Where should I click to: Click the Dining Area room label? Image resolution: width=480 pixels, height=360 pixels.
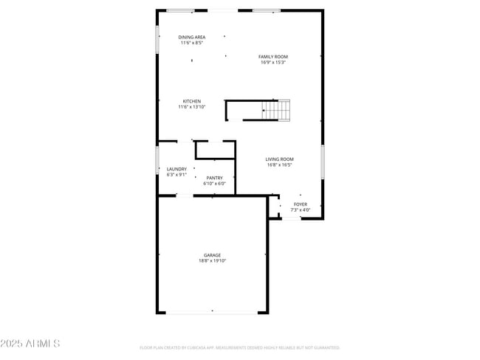pyautogui.click(x=192, y=37)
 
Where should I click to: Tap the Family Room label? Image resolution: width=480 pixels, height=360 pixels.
pyautogui.click(x=272, y=56)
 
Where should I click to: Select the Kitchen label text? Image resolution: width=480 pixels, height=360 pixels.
pyautogui.click(x=192, y=101)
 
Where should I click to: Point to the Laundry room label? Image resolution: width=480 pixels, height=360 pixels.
pyautogui.click(x=176, y=169)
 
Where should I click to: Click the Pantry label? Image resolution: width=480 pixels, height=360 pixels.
pyautogui.click(x=214, y=178)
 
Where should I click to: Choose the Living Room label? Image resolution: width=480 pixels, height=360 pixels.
pyautogui.click(x=280, y=159)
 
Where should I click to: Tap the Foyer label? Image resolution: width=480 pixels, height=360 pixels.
pyautogui.click(x=300, y=204)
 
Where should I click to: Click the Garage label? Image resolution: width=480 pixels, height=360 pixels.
pyautogui.click(x=213, y=255)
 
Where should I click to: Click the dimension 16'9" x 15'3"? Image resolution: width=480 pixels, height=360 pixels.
pyautogui.click(x=272, y=62)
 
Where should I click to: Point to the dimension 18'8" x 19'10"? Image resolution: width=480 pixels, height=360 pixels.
pyautogui.click(x=213, y=261)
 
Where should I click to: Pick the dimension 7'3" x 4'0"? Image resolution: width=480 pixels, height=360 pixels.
pyautogui.click(x=300, y=210)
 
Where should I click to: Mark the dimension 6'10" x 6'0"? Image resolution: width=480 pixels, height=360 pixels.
pyautogui.click(x=214, y=184)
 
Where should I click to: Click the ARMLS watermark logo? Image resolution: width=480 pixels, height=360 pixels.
pyautogui.click(x=31, y=344)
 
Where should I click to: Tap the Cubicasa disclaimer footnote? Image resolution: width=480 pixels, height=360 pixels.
pyautogui.click(x=239, y=347)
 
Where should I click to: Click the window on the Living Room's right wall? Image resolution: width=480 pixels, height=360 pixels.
pyautogui.click(x=323, y=162)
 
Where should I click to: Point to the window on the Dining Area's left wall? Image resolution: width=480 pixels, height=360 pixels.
pyautogui.click(x=157, y=40)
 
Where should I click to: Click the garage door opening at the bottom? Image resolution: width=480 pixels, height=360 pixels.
pyautogui.click(x=213, y=313)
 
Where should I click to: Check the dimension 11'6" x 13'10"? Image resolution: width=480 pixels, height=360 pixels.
pyautogui.click(x=192, y=107)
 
